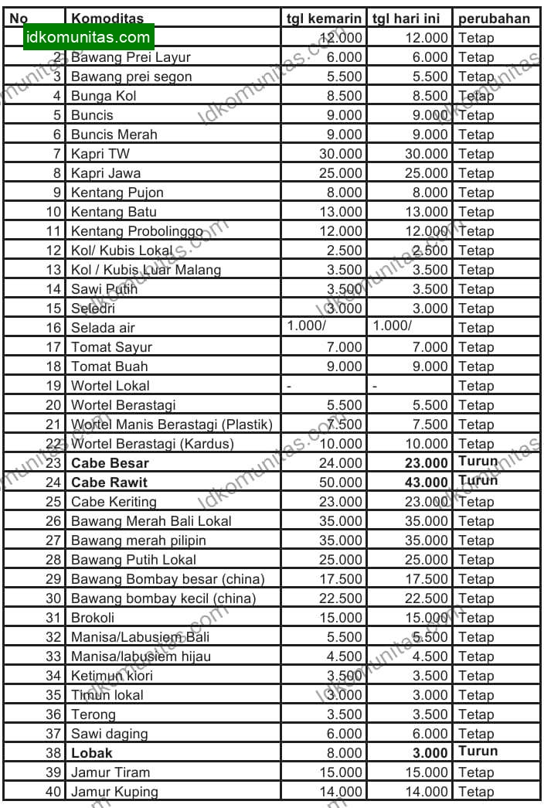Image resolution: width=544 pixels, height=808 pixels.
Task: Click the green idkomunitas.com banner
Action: [89, 36]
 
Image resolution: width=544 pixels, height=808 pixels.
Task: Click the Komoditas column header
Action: [107, 19]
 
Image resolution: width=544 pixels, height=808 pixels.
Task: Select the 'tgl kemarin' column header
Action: [324, 19]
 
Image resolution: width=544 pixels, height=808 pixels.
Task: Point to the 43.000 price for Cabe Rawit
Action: [426, 482]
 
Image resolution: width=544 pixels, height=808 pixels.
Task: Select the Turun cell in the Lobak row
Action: [478, 752]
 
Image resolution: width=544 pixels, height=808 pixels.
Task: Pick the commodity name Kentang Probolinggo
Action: [137, 231]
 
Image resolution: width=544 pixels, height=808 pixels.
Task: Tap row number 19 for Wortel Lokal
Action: [53, 386]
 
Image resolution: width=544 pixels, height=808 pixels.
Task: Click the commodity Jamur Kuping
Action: [114, 792]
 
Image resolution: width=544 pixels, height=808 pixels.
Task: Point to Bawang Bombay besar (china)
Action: [168, 579]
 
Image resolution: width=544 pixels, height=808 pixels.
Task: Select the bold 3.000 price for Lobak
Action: [429, 753]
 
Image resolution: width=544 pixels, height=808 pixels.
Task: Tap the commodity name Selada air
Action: [103, 328]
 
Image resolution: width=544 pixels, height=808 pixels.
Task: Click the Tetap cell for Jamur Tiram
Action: [475, 772]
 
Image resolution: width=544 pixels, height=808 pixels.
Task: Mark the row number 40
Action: [53, 792]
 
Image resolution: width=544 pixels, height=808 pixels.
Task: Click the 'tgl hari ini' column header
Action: [410, 19]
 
